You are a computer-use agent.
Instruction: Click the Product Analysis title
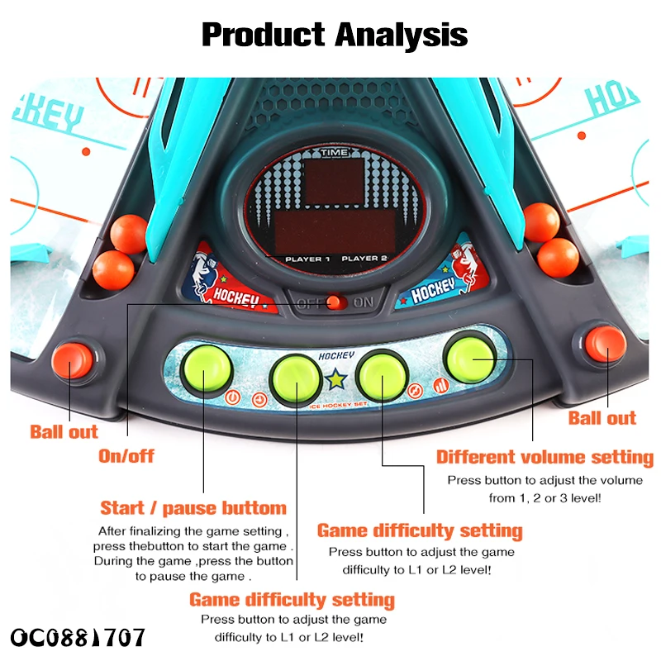(x=335, y=35)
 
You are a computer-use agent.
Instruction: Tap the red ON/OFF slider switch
(x=335, y=302)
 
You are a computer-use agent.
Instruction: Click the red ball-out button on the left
(x=73, y=360)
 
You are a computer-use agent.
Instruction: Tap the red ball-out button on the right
(x=606, y=342)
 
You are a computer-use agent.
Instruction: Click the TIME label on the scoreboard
(x=335, y=152)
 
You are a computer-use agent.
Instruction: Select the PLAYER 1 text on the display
(x=307, y=259)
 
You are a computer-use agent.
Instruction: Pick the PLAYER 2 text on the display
(x=364, y=259)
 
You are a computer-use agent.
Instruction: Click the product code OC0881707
(x=78, y=637)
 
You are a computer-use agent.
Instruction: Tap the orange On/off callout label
(x=126, y=455)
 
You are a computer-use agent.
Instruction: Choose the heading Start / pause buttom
(x=193, y=507)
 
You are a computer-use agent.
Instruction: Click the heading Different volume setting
(x=544, y=457)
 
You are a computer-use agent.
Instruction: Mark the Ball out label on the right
(x=602, y=418)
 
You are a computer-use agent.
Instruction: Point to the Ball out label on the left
(x=64, y=431)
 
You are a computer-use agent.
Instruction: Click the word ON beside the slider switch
(x=364, y=302)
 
